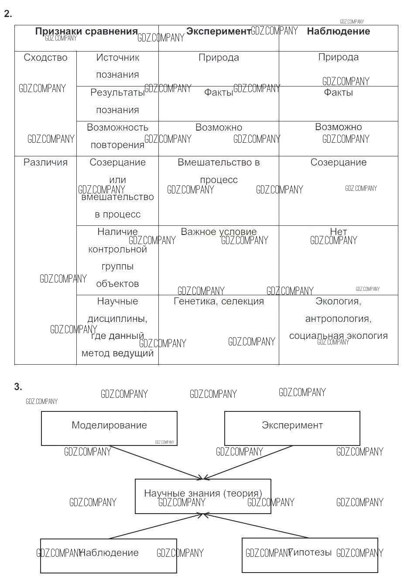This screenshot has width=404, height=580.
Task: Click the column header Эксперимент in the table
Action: [x=218, y=31]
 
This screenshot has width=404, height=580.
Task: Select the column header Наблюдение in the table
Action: [x=338, y=31]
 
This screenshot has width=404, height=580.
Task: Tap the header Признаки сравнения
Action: [x=86, y=31]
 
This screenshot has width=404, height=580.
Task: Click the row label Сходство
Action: [x=45, y=58]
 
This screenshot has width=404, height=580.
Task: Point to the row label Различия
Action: [x=45, y=162]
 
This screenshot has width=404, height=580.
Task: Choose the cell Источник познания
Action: [x=117, y=66]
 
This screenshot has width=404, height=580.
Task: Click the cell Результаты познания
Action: [x=117, y=101]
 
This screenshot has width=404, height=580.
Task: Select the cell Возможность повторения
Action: [x=117, y=136]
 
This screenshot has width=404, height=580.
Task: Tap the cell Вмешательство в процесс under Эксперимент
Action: [x=219, y=171]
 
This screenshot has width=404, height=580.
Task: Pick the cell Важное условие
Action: [x=219, y=232]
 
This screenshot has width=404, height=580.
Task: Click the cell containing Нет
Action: [x=338, y=232]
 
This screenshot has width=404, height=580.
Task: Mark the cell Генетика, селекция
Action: [x=219, y=301]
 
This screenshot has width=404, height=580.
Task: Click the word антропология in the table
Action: [x=338, y=319]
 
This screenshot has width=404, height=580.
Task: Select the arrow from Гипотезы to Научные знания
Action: [x=257, y=526]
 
